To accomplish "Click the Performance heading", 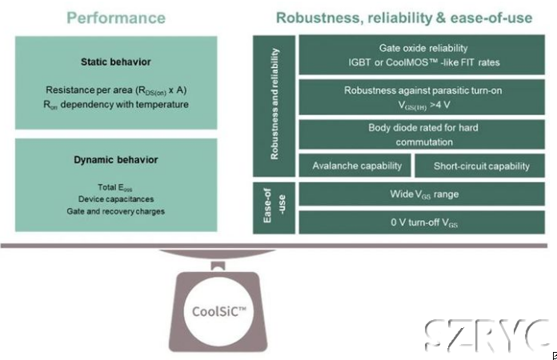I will pos(116,18).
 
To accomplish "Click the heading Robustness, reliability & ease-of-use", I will pos(403,18).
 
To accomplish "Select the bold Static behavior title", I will pos(116,62).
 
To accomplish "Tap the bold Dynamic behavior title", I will pos(116,159).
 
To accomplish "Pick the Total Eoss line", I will pos(116,186).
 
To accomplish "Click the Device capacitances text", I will pos(116,198).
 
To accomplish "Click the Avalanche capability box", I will pos(353,166).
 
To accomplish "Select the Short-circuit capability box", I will pos(481,166).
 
